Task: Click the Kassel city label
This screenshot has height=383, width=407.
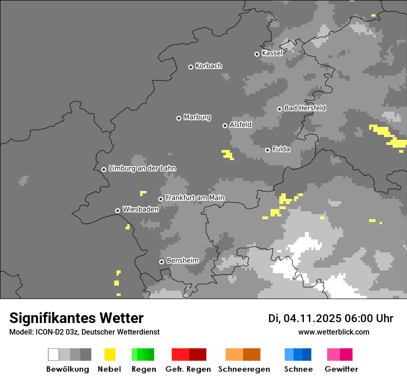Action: click(x=272, y=53)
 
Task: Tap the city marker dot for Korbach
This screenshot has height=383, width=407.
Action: click(x=191, y=67)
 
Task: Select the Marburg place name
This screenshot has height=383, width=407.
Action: click(x=197, y=117)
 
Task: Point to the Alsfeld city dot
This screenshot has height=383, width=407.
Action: click(x=225, y=126)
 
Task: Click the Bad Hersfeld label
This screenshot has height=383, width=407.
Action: click(x=305, y=108)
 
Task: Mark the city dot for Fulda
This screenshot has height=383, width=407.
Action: click(x=267, y=150)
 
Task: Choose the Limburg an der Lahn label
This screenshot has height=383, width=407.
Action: click(x=142, y=168)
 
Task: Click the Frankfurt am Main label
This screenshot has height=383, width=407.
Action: click(x=195, y=197)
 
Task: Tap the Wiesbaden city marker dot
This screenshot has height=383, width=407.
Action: click(x=117, y=210)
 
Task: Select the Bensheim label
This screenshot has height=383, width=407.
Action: click(x=182, y=260)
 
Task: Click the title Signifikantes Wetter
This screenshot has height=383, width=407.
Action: click(x=76, y=318)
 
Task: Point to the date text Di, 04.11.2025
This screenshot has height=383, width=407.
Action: click(x=305, y=318)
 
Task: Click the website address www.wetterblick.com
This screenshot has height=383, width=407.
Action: click(x=333, y=332)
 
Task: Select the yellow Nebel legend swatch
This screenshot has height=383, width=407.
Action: click(x=110, y=354)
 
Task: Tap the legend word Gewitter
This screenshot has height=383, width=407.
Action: click(x=341, y=369)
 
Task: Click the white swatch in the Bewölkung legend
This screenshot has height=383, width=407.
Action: click(x=54, y=354)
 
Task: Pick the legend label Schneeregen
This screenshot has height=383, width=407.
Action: click(x=244, y=369)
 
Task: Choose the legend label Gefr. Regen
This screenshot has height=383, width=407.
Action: click(x=188, y=369)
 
